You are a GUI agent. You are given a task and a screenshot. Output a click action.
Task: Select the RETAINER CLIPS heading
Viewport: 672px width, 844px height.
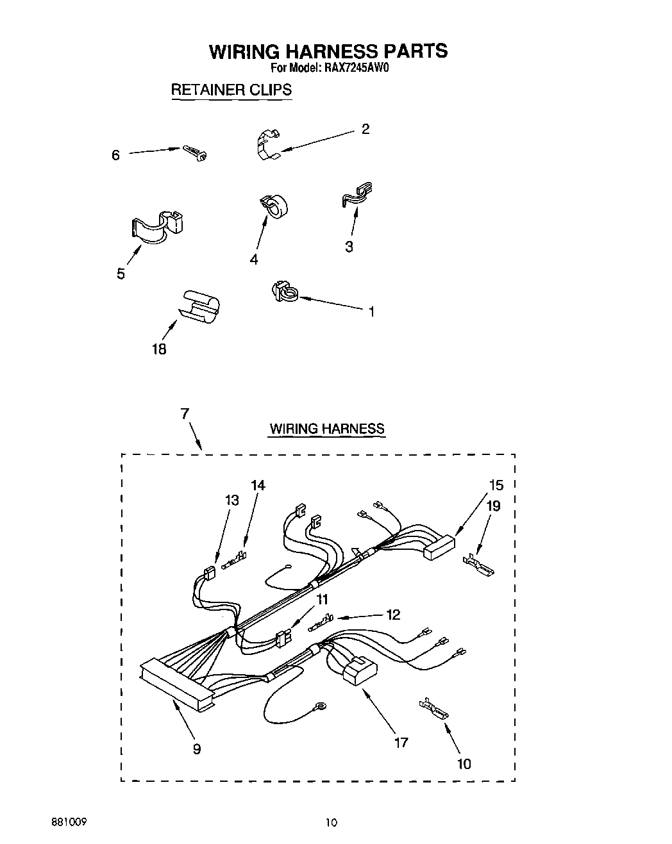231,90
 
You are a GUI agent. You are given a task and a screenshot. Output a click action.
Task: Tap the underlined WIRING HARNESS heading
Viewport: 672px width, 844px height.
326,429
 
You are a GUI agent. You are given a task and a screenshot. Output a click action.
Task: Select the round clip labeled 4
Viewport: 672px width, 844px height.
274,206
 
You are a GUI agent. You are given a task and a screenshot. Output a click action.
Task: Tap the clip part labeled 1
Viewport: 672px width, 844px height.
283,292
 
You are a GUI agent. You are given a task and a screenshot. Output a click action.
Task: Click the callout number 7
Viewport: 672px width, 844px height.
185,414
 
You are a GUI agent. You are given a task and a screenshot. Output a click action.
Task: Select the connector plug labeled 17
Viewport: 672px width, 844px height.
359,673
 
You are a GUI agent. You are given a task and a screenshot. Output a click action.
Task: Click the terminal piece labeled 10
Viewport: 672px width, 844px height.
435,709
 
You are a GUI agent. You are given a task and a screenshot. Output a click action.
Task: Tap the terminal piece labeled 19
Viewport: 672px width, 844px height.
480,564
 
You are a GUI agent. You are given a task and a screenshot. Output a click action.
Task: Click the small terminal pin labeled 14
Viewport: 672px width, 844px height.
234,562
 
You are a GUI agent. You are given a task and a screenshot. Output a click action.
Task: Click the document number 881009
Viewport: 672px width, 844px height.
70,822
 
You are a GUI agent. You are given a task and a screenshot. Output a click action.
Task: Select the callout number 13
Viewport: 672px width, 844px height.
231,500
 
